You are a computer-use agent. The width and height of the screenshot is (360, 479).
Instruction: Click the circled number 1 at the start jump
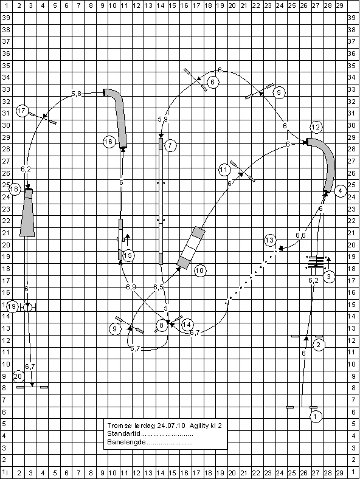[x=316, y=416]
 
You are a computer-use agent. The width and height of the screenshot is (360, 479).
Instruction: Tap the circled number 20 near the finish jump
[x=18, y=376]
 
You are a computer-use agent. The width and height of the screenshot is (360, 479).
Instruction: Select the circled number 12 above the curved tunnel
[x=316, y=127]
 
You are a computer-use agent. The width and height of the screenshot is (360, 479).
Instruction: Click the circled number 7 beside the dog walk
[x=170, y=145]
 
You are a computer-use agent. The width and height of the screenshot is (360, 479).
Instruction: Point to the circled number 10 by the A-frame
[x=199, y=271]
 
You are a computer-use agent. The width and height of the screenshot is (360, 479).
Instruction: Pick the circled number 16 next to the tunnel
[x=109, y=142]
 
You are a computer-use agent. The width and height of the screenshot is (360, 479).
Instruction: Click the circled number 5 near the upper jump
[x=279, y=92]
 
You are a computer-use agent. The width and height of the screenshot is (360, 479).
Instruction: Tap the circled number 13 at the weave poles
[x=270, y=240]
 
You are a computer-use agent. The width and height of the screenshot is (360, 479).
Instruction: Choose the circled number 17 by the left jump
[x=22, y=111]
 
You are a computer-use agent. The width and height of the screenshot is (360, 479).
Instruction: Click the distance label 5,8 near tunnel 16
[x=77, y=94]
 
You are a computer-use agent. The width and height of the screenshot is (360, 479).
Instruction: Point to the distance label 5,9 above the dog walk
[x=162, y=119]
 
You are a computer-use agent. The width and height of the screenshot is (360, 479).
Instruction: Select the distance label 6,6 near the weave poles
[x=300, y=235]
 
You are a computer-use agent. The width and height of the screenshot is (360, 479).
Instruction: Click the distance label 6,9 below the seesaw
[x=131, y=287]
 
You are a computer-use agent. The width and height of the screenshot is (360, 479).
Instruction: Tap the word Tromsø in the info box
[x=116, y=426]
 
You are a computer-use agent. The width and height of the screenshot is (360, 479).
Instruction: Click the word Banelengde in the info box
[x=126, y=442]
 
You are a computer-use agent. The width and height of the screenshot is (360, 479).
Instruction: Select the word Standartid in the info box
[x=123, y=433]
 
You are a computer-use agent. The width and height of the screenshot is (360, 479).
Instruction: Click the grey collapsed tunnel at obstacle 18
[x=27, y=213]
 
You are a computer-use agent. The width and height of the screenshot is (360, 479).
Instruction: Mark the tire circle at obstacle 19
[x=27, y=308]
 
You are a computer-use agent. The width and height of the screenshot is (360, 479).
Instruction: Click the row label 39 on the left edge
[x=6, y=18]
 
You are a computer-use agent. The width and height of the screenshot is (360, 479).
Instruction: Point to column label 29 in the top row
[x=339, y=5]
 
